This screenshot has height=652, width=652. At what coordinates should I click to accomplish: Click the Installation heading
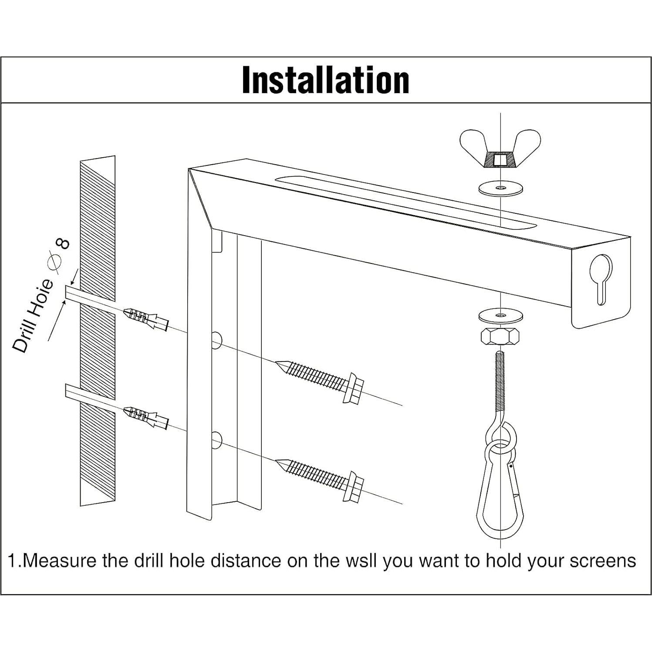tap(325, 81)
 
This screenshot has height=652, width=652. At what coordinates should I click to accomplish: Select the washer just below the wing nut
tap(500, 189)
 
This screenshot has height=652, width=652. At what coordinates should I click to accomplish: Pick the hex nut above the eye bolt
tap(500, 336)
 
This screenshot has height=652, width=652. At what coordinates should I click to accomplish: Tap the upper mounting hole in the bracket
tap(216, 340)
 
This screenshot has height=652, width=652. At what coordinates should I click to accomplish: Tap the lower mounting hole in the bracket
tap(216, 440)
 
